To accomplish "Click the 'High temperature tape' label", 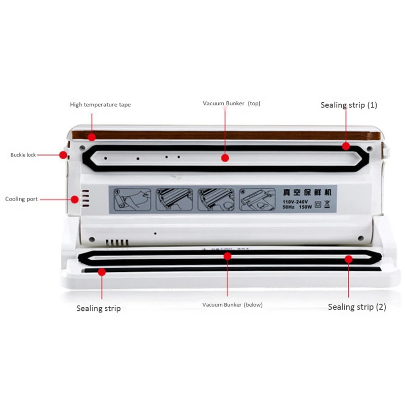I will point(100,105).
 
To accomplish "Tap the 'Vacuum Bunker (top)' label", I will point(231,103).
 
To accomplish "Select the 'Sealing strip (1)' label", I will point(349,105).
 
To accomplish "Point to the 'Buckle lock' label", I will point(23,155).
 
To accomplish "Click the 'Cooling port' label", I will point(21,199).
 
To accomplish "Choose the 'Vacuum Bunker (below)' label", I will point(232,305).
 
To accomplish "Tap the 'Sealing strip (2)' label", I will point(357,307).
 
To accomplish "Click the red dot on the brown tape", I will point(92,137).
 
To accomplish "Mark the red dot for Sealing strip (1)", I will point(346,146).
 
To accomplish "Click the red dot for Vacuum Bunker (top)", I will point(225,157).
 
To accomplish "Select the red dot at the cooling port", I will point(74,199).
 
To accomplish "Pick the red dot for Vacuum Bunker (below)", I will point(227,256).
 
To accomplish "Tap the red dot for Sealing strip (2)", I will point(348,259).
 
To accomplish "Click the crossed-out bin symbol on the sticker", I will point(326,205).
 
